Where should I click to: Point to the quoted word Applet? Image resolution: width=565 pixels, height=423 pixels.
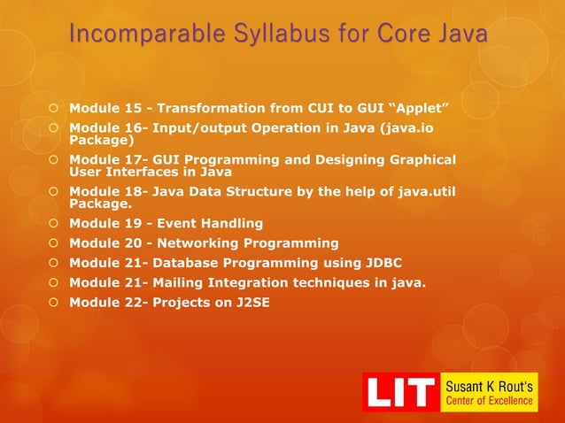(420, 109)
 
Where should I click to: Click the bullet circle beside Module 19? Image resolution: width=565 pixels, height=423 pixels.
(54, 222)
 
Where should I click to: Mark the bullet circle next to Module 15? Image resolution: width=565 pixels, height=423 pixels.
(54, 109)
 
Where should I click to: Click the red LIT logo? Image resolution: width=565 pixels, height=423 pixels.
(401, 392)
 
